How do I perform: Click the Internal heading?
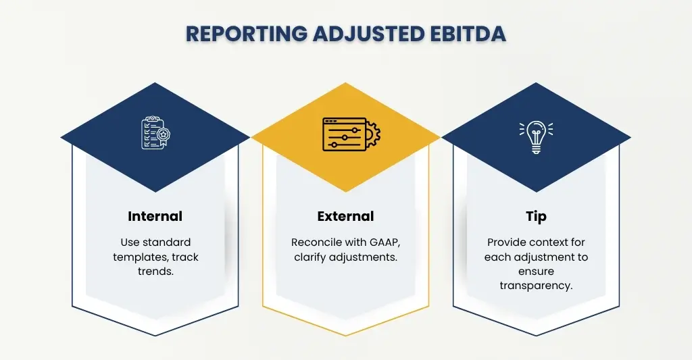155,217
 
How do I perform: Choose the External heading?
345,217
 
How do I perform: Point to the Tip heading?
536,217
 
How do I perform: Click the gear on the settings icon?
372,134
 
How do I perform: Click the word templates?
146,257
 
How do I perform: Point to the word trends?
155,272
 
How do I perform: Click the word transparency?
536,285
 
